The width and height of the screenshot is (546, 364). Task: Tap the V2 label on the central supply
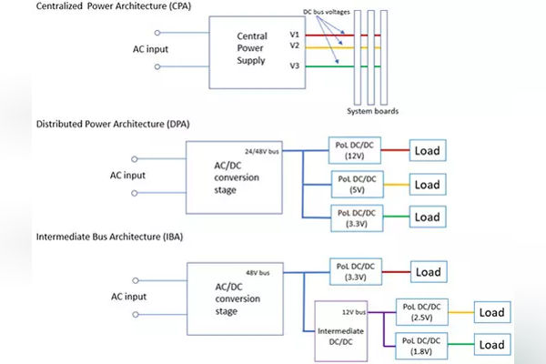pyautogui.click(x=294, y=45)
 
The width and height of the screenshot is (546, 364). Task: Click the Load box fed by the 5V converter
pyautogui.click(x=428, y=185)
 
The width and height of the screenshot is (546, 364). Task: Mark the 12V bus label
pyautogui.click(x=353, y=312)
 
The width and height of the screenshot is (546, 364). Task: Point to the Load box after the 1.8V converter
pyautogui.click(x=491, y=345)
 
